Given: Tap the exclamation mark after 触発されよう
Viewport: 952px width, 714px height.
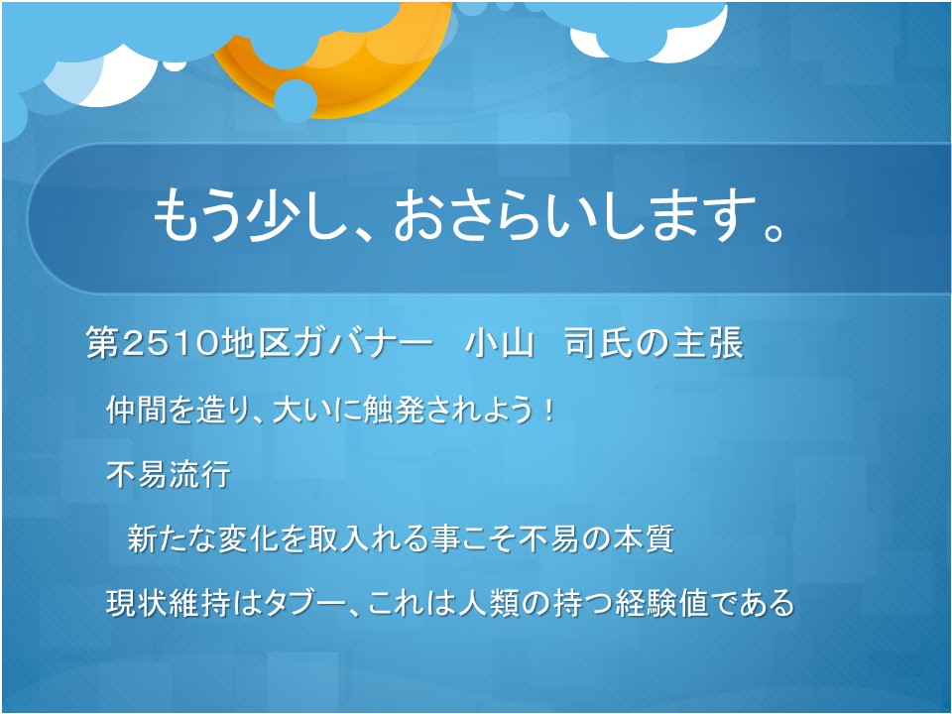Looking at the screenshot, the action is [x=548, y=410].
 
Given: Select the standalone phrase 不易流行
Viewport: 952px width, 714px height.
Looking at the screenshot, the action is [x=169, y=474].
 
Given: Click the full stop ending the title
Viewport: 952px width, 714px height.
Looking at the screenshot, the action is [x=773, y=231].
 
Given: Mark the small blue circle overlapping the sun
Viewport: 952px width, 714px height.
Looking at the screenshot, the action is [x=296, y=100].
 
